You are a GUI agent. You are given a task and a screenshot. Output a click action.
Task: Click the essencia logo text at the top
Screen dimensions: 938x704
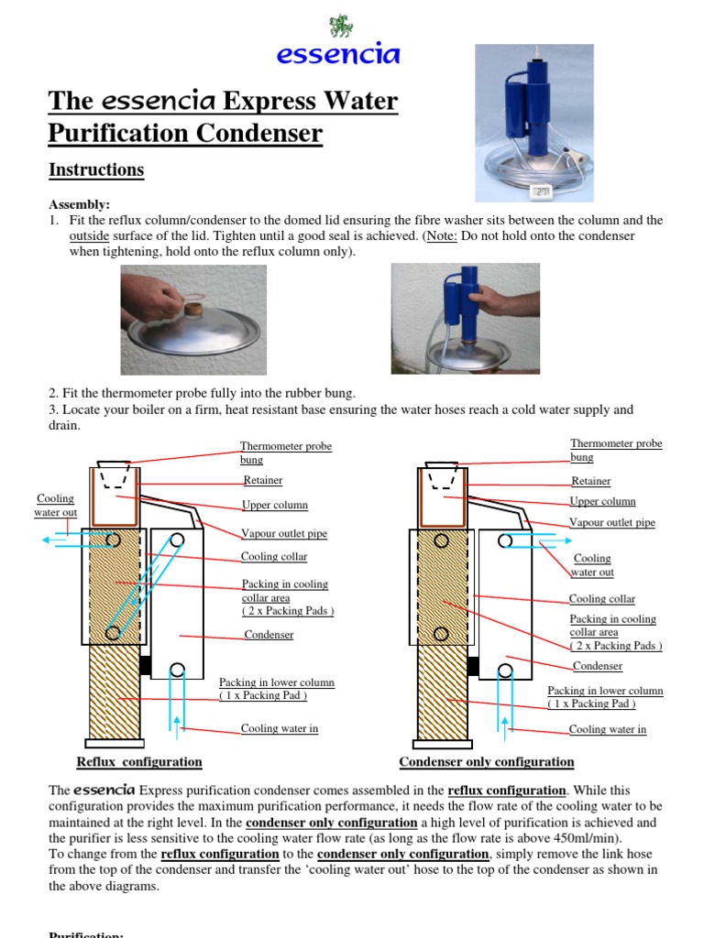[x=338, y=54]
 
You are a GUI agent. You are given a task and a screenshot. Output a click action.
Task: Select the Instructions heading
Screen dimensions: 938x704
[x=95, y=169]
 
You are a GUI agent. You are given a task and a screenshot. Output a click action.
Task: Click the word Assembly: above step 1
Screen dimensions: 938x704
[x=79, y=205]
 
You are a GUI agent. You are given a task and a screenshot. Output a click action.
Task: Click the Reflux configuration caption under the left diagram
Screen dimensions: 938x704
[x=139, y=762]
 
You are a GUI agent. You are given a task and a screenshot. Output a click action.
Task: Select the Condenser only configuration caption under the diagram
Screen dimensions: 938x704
[x=487, y=762]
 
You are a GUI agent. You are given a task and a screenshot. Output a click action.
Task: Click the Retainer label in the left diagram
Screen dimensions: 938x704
[x=263, y=480]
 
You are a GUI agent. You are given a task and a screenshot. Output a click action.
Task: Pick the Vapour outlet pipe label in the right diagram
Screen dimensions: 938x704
[x=612, y=523]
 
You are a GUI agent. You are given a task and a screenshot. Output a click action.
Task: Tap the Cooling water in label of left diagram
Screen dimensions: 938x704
[x=280, y=729]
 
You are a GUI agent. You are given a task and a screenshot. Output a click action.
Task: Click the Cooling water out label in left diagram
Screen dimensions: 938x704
[x=54, y=505]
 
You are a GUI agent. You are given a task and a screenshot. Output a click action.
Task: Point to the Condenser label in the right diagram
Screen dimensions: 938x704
[x=597, y=666]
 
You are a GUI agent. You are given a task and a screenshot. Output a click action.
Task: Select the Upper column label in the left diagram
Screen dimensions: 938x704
[x=274, y=505]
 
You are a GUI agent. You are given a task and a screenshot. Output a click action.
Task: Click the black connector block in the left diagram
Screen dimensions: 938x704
[x=144, y=665]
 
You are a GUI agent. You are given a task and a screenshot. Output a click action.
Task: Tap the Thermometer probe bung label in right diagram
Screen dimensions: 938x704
[x=616, y=450]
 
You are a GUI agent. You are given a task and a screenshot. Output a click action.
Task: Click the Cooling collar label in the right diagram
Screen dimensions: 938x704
[x=601, y=598]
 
